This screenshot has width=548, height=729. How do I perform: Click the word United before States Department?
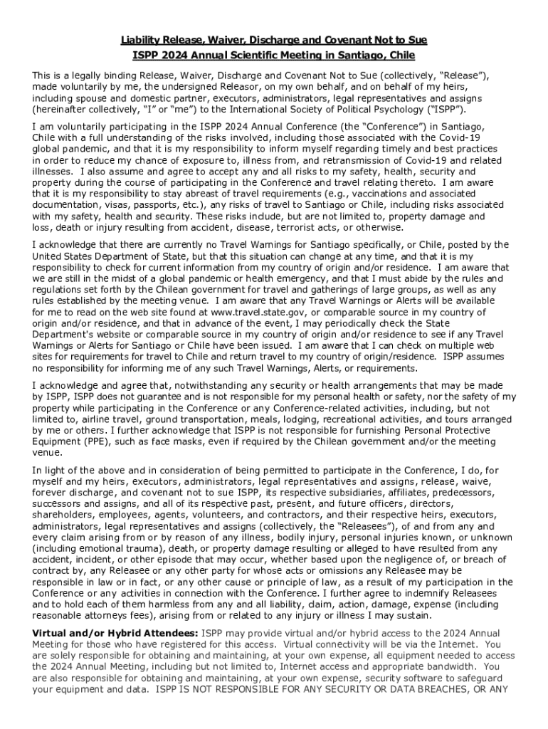[50, 256]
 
